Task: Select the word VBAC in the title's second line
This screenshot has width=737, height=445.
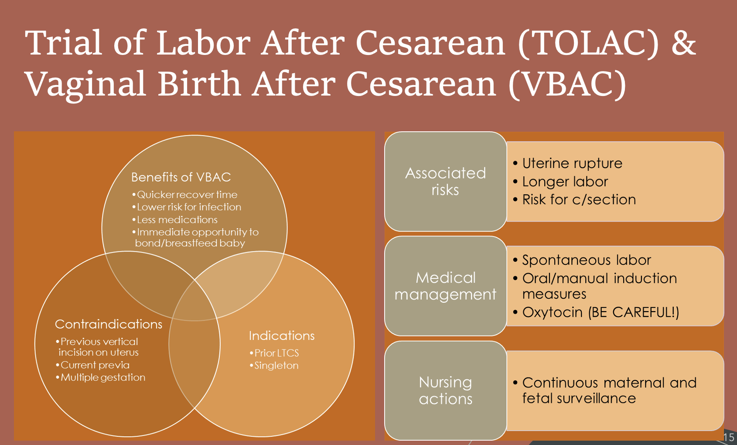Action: (x=567, y=84)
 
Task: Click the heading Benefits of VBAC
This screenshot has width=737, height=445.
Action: (x=181, y=177)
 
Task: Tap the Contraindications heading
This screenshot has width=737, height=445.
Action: (x=109, y=324)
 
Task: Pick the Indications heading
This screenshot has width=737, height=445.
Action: (x=282, y=336)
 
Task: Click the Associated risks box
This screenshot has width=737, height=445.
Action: (x=446, y=181)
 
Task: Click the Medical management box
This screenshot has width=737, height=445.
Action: (x=446, y=286)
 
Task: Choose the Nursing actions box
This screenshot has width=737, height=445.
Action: (x=446, y=391)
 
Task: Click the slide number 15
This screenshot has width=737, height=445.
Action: (x=729, y=438)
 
